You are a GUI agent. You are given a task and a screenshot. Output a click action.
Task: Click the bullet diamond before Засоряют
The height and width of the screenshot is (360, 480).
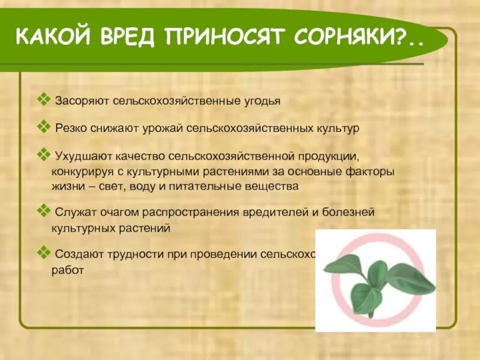click(x=43, y=99)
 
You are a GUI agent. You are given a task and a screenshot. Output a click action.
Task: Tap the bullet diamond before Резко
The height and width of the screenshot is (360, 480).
click(x=43, y=127)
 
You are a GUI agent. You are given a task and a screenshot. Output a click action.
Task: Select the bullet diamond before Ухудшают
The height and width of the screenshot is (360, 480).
click(x=43, y=155)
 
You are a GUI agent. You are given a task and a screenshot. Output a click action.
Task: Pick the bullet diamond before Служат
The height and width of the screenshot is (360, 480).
click(x=43, y=211)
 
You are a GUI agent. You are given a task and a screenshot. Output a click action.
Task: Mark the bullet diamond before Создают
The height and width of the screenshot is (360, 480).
click(x=43, y=253)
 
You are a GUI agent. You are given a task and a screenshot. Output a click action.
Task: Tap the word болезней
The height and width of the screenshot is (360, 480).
click(x=355, y=213)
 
